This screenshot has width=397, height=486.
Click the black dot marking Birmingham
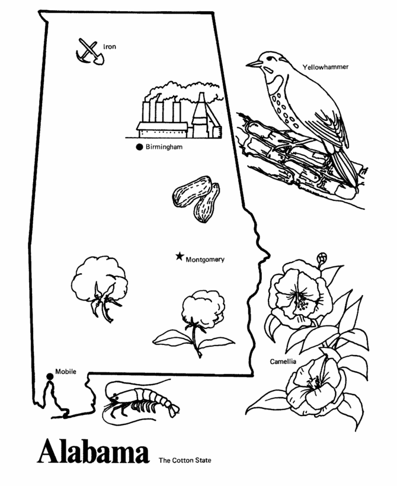pyautogui.click(x=139, y=147)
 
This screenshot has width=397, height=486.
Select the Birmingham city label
pyautogui.click(x=164, y=148)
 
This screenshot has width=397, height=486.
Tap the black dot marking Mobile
pyautogui.click(x=49, y=375)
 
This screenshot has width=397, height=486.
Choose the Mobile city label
pyautogui.click(x=66, y=372)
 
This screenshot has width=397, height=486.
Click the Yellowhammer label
pyautogui.click(x=325, y=67)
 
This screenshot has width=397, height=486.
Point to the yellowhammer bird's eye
pyautogui.click(x=265, y=58)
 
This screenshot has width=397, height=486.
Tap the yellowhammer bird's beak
pyautogui.click(x=251, y=63)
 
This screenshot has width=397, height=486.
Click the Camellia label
pyautogui.click(x=283, y=361)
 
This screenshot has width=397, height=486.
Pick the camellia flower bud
pyautogui.click(x=307, y=258)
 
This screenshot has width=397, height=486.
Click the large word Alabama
pyautogui.click(x=93, y=453)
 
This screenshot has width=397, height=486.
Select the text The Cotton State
pyautogui.click(x=184, y=459)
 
